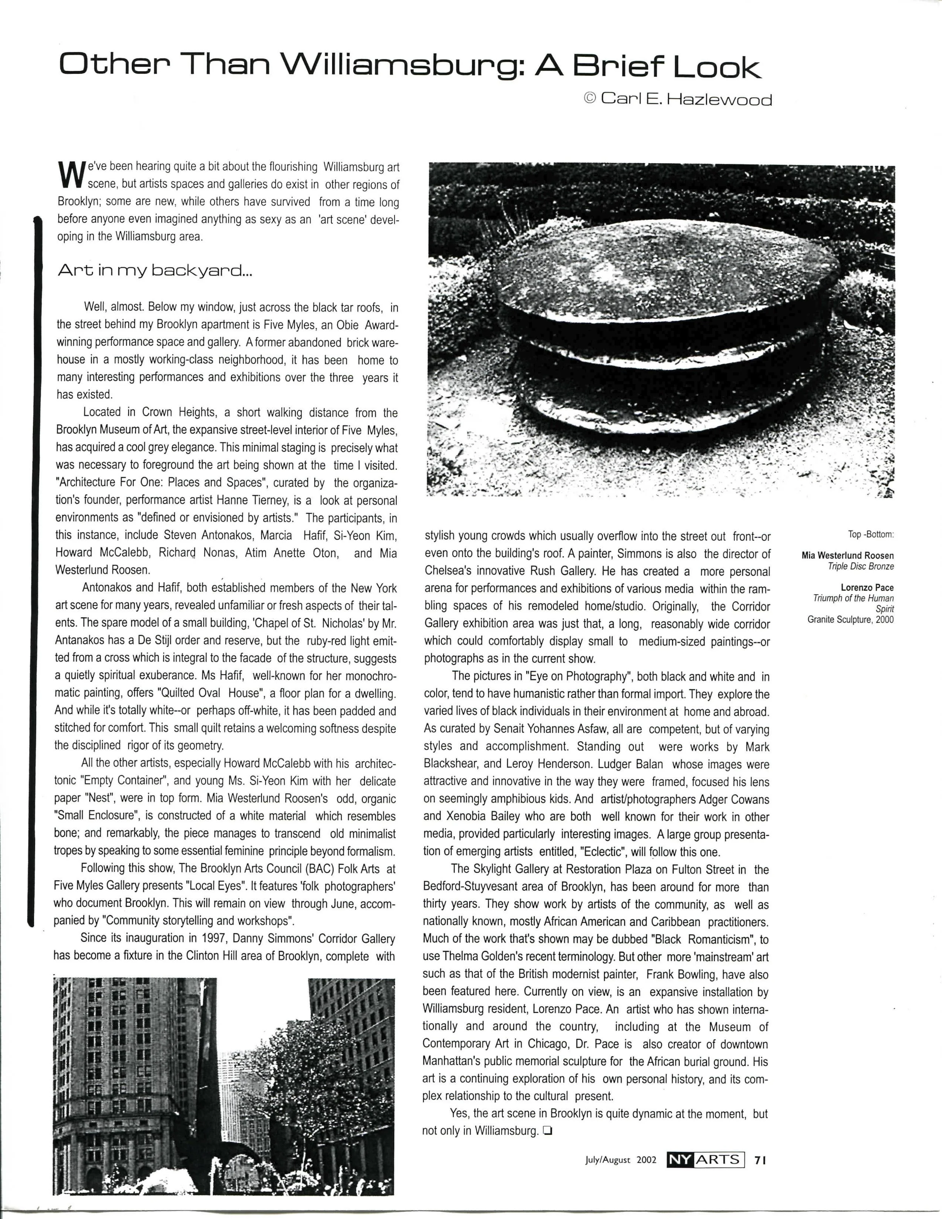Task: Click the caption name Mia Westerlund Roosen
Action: (x=847, y=555)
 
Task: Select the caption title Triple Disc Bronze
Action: (x=861, y=566)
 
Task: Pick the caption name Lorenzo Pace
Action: (x=867, y=588)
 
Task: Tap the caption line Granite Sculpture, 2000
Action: (x=850, y=619)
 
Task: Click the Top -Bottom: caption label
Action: (x=870, y=534)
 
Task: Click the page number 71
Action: (x=760, y=1160)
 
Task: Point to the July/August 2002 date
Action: (x=620, y=1160)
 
